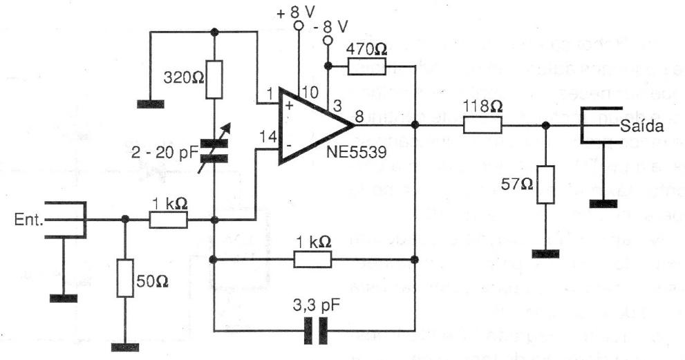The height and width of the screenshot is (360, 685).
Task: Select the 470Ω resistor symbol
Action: pos(367,66)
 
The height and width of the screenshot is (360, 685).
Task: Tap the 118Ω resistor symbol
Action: pos(482,125)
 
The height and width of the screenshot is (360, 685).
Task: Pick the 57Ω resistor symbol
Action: pos(545,184)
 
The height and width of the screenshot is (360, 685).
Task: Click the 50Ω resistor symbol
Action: pos(124,277)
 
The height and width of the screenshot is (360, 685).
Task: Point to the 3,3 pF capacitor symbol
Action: pos(315,334)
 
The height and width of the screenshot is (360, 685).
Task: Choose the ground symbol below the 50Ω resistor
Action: pos(124,346)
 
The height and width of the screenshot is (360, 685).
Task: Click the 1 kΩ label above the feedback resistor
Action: pos(312,242)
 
